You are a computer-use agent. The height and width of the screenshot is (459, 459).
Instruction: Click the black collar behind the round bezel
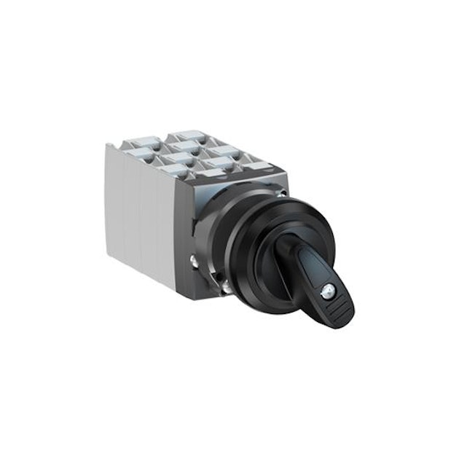click(x=240, y=219)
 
